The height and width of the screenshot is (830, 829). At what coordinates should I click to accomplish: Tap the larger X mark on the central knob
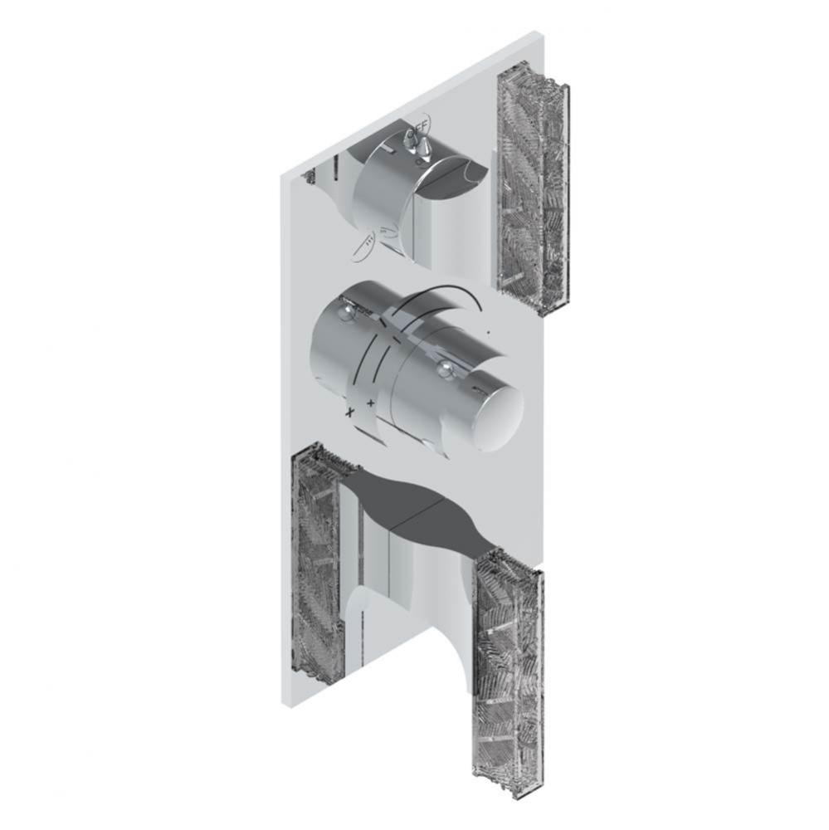click(x=350, y=411)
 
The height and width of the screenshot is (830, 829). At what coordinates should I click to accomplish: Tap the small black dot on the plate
click(x=489, y=332)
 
